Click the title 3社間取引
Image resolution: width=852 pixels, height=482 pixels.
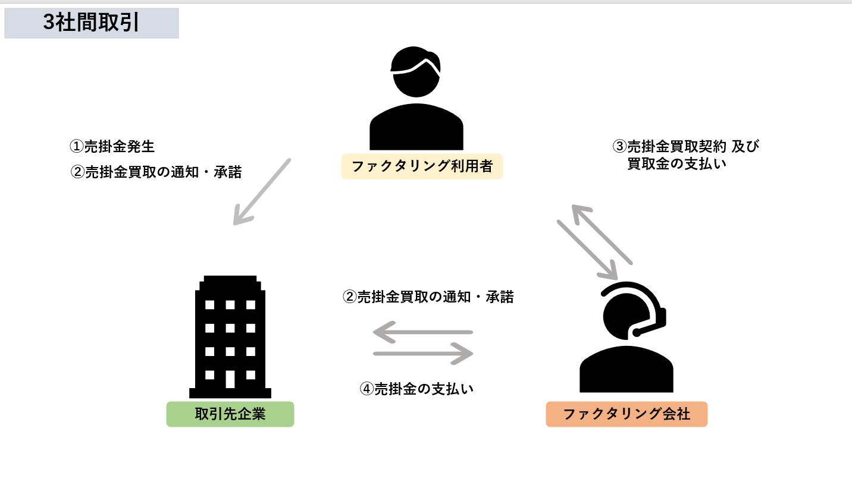point(91,23)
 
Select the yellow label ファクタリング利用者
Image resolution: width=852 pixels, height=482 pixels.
point(422,166)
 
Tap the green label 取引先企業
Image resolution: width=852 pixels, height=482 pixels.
point(230,414)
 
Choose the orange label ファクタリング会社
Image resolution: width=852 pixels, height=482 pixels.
point(627,414)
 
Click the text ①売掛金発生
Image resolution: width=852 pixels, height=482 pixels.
point(112,146)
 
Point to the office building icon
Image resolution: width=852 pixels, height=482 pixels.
point(230,336)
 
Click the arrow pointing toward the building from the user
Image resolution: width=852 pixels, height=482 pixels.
point(261,191)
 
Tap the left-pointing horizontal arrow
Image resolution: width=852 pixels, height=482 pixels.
point(422,332)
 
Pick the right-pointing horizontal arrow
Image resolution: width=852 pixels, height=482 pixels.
point(423,354)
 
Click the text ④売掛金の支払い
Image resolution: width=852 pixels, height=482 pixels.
point(416,389)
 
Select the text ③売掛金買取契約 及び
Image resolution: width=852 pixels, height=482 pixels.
point(686,146)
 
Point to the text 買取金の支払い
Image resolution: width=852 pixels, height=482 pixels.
point(677,164)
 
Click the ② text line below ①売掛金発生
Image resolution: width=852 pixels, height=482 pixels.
point(156,172)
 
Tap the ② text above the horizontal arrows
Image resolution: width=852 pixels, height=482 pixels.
point(428,297)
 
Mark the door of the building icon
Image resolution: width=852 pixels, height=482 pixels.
point(230,379)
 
